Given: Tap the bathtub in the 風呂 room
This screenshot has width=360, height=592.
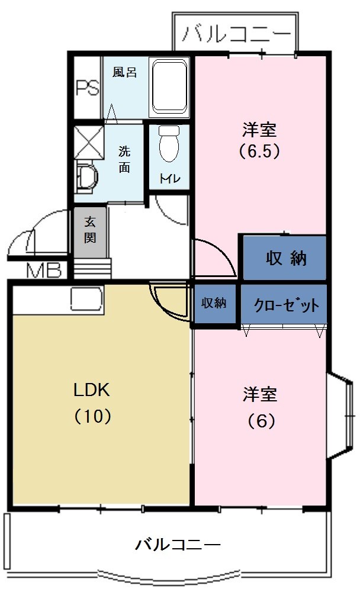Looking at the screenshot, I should click(x=170, y=86).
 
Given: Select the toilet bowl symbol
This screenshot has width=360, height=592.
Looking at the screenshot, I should click(x=169, y=144).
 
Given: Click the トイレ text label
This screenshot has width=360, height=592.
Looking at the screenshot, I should click(x=169, y=178).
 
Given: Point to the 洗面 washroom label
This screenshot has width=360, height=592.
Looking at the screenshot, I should click(x=124, y=159).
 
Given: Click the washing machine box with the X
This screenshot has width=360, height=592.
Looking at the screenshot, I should click(x=88, y=141).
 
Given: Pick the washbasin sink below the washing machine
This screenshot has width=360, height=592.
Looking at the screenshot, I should click(x=87, y=176).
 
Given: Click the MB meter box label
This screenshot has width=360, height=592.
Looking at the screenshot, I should click(x=44, y=271).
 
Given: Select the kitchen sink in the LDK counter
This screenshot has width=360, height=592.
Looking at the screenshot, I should click(x=86, y=298).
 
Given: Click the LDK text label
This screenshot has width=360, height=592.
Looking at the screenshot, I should click(x=92, y=390).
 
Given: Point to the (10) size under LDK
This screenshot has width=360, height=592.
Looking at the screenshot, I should click(x=92, y=416).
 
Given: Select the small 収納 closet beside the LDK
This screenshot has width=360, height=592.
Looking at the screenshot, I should click(x=214, y=303).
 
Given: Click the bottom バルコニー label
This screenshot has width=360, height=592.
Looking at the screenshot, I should click(x=178, y=543).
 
